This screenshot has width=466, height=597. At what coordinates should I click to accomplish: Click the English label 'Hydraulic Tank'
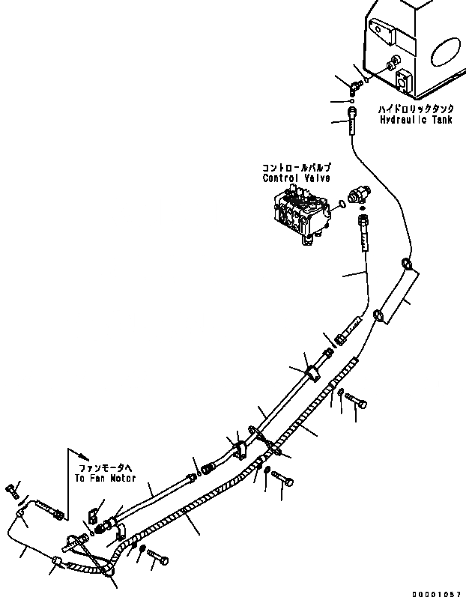point(415,120)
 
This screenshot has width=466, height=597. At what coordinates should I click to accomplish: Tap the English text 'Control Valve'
point(292,179)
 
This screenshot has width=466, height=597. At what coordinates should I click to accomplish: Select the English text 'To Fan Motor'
point(105,476)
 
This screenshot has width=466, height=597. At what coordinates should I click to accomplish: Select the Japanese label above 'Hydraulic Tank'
point(415,109)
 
